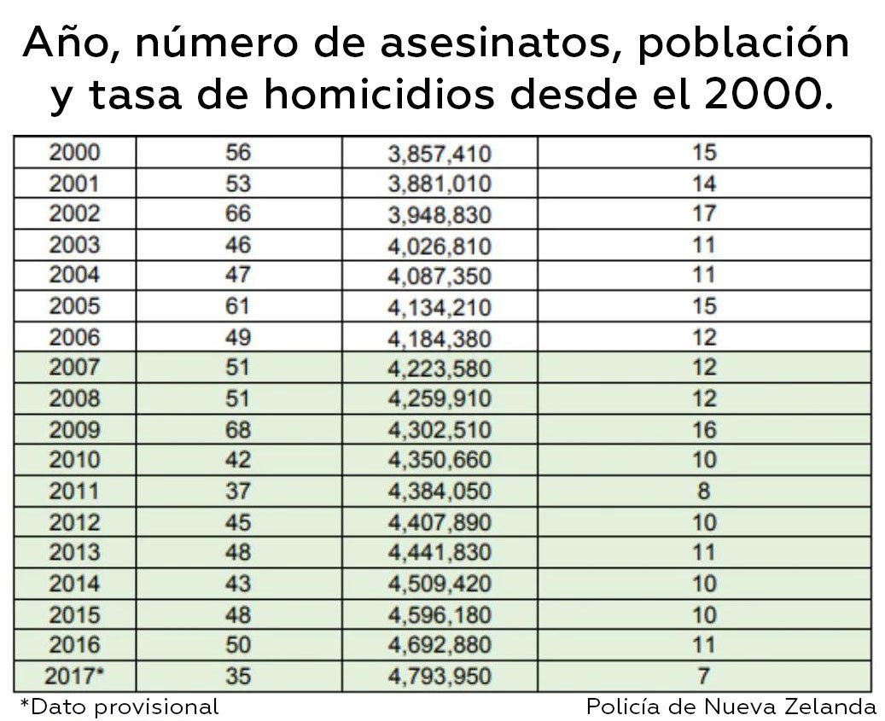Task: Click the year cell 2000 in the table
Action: click(74, 153)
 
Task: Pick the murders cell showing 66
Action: click(238, 214)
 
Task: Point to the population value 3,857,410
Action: click(440, 154)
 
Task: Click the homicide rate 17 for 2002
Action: click(704, 214)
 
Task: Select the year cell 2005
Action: click(74, 306)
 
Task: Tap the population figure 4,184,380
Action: click(440, 338)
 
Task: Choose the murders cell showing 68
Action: click(238, 429)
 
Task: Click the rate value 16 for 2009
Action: click(704, 429)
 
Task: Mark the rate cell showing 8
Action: click(704, 491)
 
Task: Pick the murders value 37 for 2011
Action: click(238, 491)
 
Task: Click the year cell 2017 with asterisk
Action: click(76, 677)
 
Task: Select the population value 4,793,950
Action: click(440, 677)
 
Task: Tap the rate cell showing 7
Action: click(704, 677)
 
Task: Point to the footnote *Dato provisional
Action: click(119, 706)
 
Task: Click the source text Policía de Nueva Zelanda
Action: click(731, 706)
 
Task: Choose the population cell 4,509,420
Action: click(440, 584)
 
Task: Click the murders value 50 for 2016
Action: click(238, 645)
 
